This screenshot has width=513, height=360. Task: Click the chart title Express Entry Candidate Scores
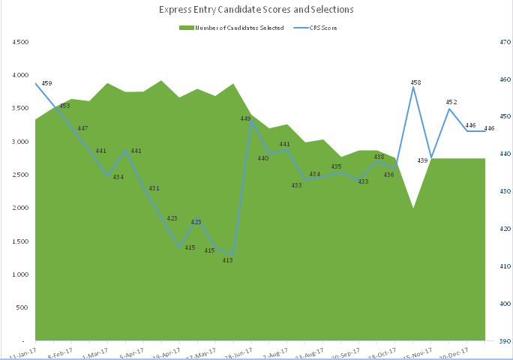pos(256,10)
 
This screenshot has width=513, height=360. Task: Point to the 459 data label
pos(47,83)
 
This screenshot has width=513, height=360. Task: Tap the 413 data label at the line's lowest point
pos(228,260)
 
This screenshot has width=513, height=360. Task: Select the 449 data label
pos(245,118)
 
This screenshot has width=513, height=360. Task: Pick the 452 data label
pos(451,101)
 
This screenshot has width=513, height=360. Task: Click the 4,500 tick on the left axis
pos(21,42)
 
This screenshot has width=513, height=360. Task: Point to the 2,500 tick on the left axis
pos(21,175)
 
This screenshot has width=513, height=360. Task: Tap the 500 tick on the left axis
pos(24,307)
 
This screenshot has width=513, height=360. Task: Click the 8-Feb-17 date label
pos(59,351)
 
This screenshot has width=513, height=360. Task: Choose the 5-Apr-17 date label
pos(131,351)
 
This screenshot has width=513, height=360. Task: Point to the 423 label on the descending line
pos(172,218)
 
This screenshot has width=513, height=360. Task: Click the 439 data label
pos(422,160)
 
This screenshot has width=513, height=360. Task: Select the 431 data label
pos(154,188)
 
